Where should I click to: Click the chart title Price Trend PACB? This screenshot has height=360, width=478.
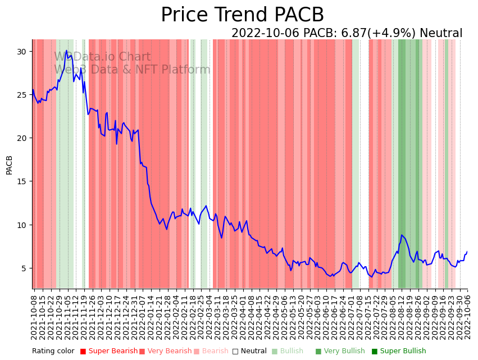point(242,15)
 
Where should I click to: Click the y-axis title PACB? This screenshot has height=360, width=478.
point(9,165)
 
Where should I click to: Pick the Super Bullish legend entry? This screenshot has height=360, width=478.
point(403,351)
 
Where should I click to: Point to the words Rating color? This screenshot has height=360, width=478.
point(53,351)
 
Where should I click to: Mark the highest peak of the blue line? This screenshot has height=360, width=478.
point(66,51)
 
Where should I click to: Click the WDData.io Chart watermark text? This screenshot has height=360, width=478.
point(102,57)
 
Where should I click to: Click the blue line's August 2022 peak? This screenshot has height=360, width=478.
point(402,235)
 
